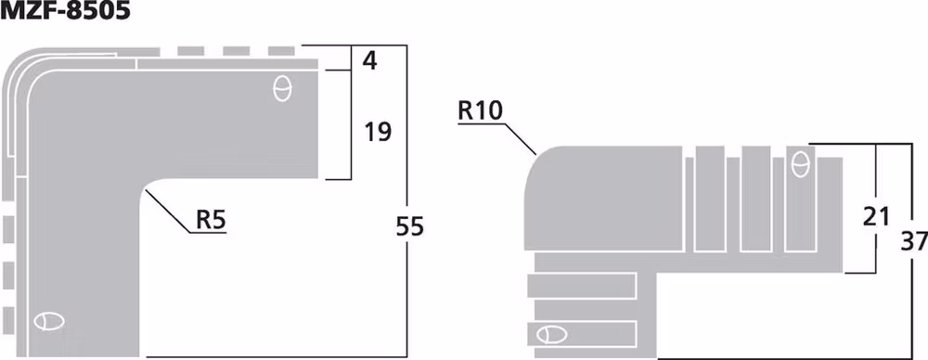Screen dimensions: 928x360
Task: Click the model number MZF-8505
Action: pyautogui.click(x=65, y=12)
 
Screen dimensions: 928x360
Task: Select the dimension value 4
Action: pyautogui.click(x=370, y=61)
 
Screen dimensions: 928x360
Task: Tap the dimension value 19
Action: pyautogui.click(x=378, y=132)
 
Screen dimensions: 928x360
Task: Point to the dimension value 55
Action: pyautogui.click(x=408, y=225)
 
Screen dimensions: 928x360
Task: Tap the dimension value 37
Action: pyautogui.click(x=913, y=241)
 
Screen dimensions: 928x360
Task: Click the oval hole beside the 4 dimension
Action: pyautogui.click(x=283, y=89)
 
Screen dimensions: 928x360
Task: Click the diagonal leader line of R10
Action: pyautogui.click(x=521, y=135)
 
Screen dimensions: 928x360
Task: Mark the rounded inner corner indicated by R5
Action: pyautogui.click(x=150, y=188)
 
